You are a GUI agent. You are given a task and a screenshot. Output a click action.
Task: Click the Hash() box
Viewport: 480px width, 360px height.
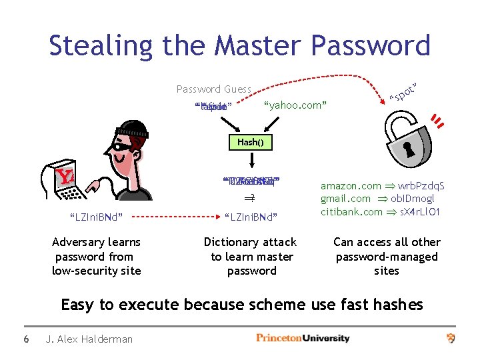tap(251, 142)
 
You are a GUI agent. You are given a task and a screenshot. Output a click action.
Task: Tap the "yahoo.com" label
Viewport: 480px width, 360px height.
tap(295, 105)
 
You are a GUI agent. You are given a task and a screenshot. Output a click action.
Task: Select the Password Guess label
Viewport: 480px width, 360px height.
tap(213, 89)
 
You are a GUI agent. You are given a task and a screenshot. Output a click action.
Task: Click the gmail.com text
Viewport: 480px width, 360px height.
tap(345, 199)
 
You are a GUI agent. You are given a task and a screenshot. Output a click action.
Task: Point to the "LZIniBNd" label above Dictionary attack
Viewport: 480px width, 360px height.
tap(250, 217)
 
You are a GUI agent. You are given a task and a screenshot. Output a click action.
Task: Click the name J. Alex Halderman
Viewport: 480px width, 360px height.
tap(89, 339)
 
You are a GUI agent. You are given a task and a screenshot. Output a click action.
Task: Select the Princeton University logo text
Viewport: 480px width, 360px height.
tap(303, 339)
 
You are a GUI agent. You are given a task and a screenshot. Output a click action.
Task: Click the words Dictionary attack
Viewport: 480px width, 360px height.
tap(249, 243)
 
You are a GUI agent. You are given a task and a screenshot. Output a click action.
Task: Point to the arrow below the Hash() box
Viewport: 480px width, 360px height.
tap(251, 160)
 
